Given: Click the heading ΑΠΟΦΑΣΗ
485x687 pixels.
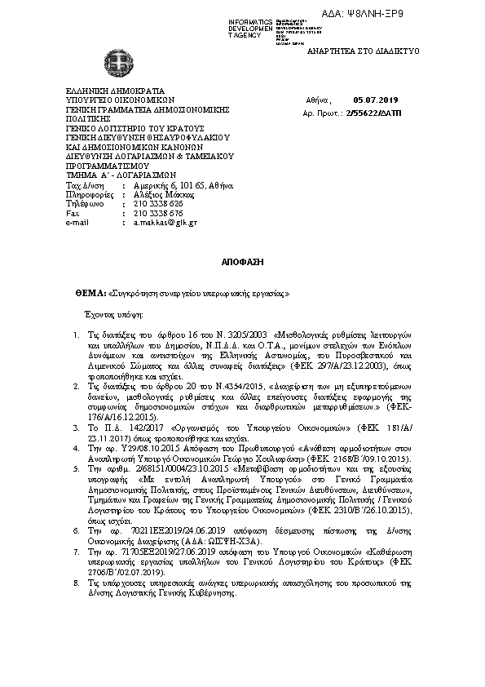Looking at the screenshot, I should pos(241,265).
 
